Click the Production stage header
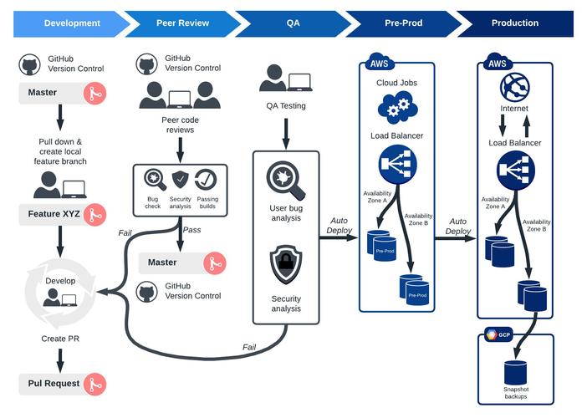click(x=514, y=23)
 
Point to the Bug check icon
click(x=155, y=179)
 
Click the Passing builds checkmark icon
click(x=207, y=179)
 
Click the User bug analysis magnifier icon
click(x=286, y=179)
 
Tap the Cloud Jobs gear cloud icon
click(x=397, y=107)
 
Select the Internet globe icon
click(x=514, y=87)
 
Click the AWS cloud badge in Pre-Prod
click(x=378, y=64)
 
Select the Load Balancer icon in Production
click(x=514, y=169)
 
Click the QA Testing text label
click(x=286, y=106)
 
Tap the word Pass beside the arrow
click(x=191, y=229)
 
